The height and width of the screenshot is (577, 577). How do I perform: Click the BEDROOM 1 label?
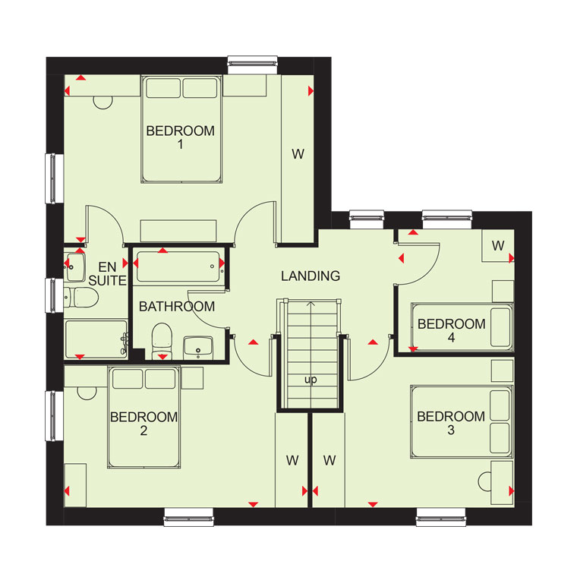tap(181, 137)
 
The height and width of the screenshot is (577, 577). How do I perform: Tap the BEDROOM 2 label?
tap(144, 424)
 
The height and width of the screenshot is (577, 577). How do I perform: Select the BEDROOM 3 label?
tap(451, 423)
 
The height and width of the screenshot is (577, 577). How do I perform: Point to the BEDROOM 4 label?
tap(452, 330)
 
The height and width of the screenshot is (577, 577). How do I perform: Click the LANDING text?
tap(311, 276)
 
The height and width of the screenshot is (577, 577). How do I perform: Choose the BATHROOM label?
tap(177, 307)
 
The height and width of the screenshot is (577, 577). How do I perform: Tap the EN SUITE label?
tap(108, 273)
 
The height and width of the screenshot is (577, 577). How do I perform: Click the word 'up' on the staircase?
tap(311, 380)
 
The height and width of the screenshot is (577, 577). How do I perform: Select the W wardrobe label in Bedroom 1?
tap(298, 154)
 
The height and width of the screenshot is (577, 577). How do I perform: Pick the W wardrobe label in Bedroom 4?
tap(498, 245)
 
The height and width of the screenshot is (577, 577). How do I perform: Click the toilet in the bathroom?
tap(162, 341)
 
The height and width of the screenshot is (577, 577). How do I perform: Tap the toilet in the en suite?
tap(81, 298)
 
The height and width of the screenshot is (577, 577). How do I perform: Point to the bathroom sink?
tap(198, 347)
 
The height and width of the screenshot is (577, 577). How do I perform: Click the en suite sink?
tap(75, 267)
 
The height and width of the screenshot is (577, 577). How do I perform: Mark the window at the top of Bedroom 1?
tap(252, 65)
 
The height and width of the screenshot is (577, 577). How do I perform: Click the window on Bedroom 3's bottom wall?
tap(441, 517)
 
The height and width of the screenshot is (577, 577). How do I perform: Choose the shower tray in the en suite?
tap(96, 339)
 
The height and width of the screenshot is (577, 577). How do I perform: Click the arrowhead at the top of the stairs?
tap(311, 304)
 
